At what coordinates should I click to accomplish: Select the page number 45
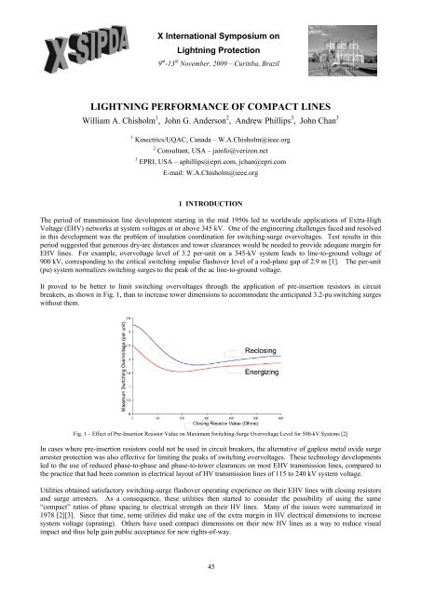click(210, 569)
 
